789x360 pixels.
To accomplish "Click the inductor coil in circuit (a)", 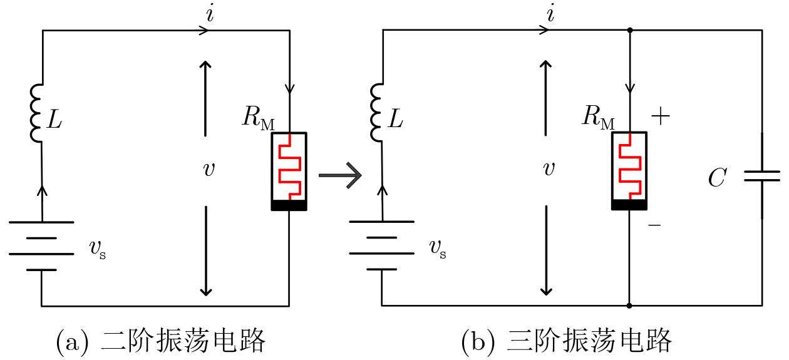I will (36, 113).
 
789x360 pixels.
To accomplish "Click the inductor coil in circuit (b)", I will (376, 113).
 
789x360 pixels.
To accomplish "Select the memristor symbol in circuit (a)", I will (289, 171).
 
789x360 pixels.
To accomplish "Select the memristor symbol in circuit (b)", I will (629, 171).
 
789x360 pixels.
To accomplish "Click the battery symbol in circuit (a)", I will (41, 245).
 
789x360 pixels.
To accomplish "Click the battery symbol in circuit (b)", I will (381, 245).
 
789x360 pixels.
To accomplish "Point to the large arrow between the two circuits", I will (340, 175).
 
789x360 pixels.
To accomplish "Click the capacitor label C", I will (716, 178).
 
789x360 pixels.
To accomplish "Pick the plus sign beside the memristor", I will (661, 116).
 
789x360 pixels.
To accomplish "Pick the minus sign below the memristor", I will (654, 224).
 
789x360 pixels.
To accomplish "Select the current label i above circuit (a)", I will (210, 14).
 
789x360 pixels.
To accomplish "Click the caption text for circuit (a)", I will (161, 342).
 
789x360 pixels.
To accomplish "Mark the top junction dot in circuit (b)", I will (629, 29).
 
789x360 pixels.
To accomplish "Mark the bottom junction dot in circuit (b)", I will (629, 306).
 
